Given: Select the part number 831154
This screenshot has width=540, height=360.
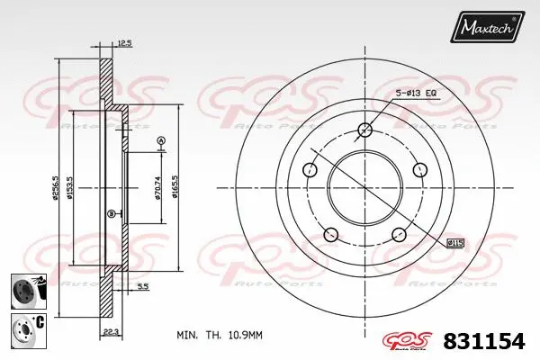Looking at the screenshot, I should (485, 340).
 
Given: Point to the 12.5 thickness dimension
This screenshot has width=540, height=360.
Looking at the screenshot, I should (125, 42).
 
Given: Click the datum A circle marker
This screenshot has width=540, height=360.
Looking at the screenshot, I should (161, 139).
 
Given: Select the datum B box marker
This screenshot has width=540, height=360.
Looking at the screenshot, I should (111, 213).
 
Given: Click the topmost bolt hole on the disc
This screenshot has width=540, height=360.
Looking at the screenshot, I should (364, 130).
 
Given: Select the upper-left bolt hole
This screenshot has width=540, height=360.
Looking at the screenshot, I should (310, 169).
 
